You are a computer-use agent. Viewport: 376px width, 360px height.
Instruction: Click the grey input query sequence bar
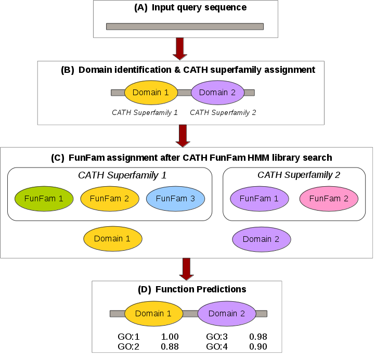pyautogui.click(x=186, y=26)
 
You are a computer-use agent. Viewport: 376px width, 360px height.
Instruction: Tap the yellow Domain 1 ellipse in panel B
pyautogui.click(x=151, y=93)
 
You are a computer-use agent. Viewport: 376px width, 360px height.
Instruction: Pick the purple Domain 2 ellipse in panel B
pyautogui.click(x=217, y=93)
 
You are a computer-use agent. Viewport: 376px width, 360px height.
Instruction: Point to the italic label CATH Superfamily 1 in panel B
pyautogui.click(x=145, y=112)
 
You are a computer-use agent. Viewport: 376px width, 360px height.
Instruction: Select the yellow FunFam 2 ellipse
pyautogui.click(x=109, y=198)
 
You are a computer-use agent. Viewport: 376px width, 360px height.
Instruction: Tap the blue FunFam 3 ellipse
pyautogui.click(x=175, y=198)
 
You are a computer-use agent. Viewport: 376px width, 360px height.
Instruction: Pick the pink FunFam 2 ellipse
pyautogui.click(x=328, y=198)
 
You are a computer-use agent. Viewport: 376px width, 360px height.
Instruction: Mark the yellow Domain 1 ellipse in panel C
pyautogui.click(x=112, y=239)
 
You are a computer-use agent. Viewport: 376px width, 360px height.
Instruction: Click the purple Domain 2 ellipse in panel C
pyautogui.click(x=261, y=239)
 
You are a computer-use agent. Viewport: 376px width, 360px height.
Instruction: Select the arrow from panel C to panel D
pyautogui.click(x=187, y=269)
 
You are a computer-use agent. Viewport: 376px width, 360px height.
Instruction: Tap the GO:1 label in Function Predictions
pyautogui.click(x=129, y=337)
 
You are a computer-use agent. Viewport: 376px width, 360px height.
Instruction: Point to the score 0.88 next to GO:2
pyautogui.click(x=170, y=346)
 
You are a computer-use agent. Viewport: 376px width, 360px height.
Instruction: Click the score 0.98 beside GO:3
pyautogui.click(x=258, y=337)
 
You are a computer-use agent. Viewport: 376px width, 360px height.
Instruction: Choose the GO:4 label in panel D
pyautogui.click(x=217, y=346)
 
